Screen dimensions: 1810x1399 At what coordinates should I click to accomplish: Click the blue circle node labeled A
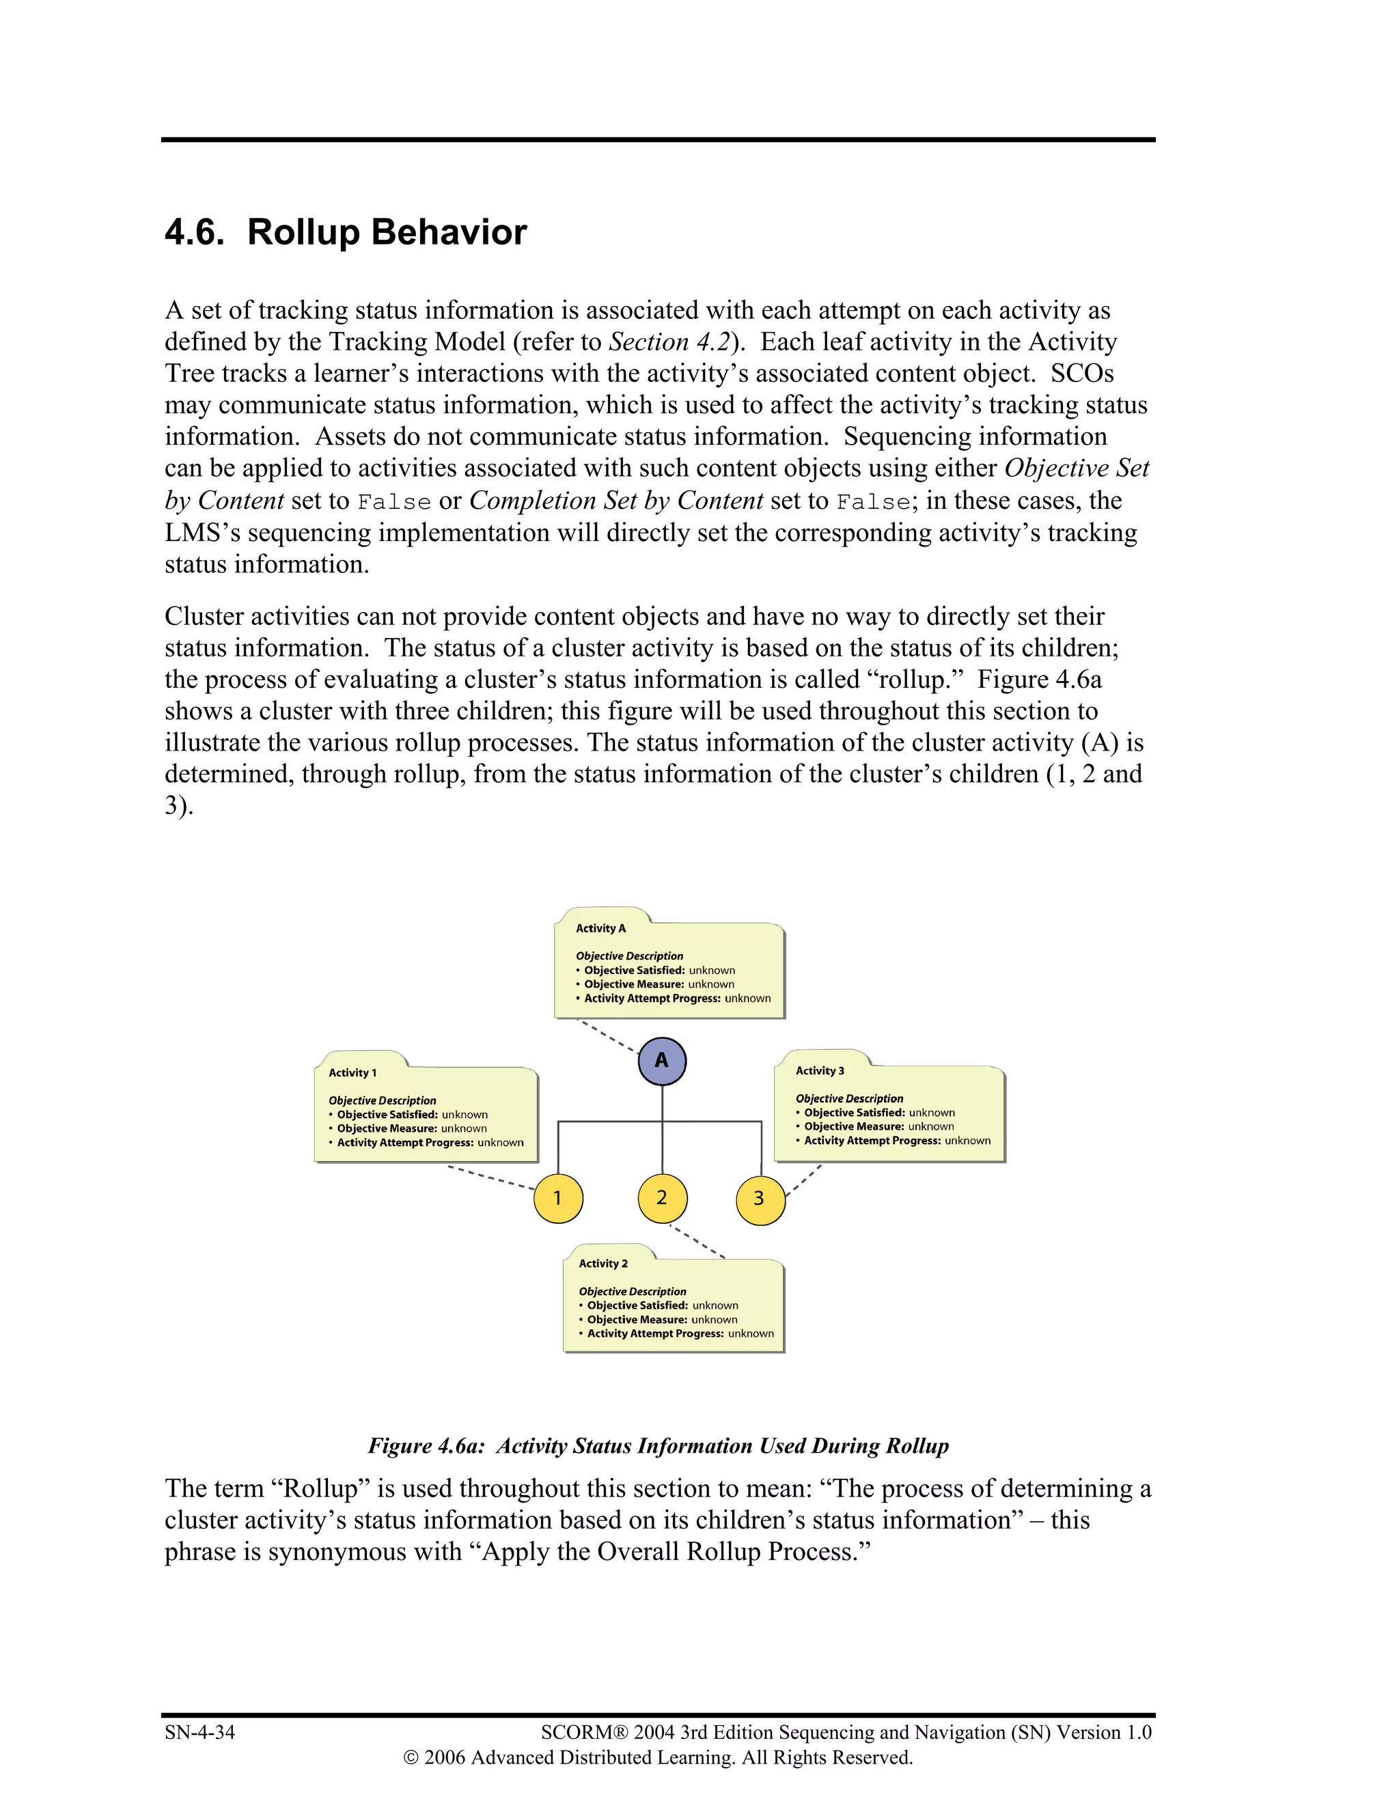coord(661,1061)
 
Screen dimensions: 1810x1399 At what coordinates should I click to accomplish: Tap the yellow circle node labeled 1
coord(558,1199)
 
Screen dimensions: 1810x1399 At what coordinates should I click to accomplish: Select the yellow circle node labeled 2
coord(661,1199)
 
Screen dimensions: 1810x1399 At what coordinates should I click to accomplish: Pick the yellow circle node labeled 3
coord(759,1199)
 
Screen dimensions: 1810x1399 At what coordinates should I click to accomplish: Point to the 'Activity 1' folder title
coord(352,1072)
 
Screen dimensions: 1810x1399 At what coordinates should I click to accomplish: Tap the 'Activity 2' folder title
coord(602,1263)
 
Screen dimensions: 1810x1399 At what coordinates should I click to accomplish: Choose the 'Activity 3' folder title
coord(820,1071)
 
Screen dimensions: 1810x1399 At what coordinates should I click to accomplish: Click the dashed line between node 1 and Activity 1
coord(490,1178)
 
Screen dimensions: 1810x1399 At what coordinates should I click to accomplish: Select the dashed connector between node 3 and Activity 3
coord(803,1180)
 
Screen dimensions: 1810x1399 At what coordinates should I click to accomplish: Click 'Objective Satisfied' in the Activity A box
coord(634,971)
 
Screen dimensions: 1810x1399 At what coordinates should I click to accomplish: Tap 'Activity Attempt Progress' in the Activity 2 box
coord(656,1333)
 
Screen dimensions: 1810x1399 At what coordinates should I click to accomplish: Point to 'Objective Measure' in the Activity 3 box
coord(854,1126)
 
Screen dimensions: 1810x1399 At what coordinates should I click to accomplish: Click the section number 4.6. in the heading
coord(195,233)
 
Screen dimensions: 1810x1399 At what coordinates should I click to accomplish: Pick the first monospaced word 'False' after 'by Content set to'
coord(393,502)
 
